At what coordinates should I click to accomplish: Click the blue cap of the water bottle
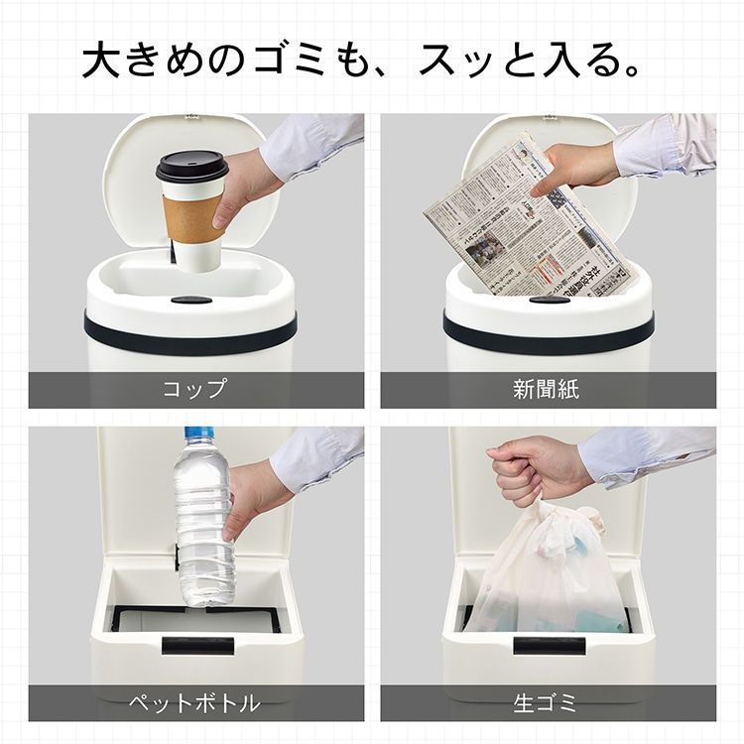(x=199, y=434)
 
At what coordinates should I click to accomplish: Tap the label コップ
(x=195, y=389)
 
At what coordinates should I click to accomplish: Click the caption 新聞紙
(x=547, y=389)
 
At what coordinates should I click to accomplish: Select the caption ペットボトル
(x=195, y=703)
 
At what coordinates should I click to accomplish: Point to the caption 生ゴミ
(x=547, y=703)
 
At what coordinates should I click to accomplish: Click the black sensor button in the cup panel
(x=190, y=299)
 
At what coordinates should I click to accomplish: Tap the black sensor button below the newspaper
(x=549, y=299)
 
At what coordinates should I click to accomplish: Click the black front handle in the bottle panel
(x=197, y=646)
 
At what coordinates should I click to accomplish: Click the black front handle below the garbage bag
(x=549, y=646)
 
